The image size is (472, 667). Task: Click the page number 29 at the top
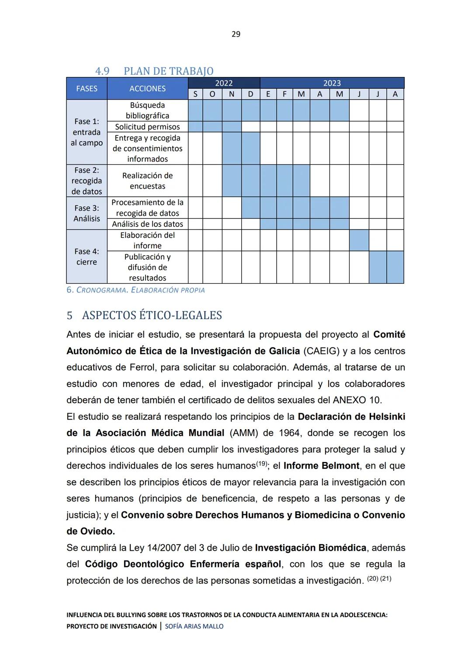[236, 34]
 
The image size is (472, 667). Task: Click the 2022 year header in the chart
[224, 83]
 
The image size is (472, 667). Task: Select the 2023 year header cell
[332, 83]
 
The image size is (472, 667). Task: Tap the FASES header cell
[87, 88]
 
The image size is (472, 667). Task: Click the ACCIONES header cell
[147, 88]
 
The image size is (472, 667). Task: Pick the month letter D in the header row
[250, 94]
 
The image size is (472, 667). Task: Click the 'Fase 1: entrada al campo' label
[87, 132]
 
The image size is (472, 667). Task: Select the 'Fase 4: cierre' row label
[87, 257]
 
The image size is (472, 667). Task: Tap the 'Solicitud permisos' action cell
[147, 127]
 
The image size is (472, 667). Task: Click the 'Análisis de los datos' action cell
[147, 224]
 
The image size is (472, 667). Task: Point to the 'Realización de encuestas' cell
[147, 181]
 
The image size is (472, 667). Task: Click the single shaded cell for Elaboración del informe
[359, 240]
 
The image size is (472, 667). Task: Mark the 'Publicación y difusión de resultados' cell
[147, 267]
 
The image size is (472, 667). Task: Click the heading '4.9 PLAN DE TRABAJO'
[154, 71]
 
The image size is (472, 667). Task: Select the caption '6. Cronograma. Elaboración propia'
[135, 290]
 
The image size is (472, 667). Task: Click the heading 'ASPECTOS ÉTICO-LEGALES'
[152, 315]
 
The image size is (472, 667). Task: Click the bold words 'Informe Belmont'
[321, 466]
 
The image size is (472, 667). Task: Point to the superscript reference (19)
[261, 464]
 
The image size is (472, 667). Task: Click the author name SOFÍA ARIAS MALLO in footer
[194, 626]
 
